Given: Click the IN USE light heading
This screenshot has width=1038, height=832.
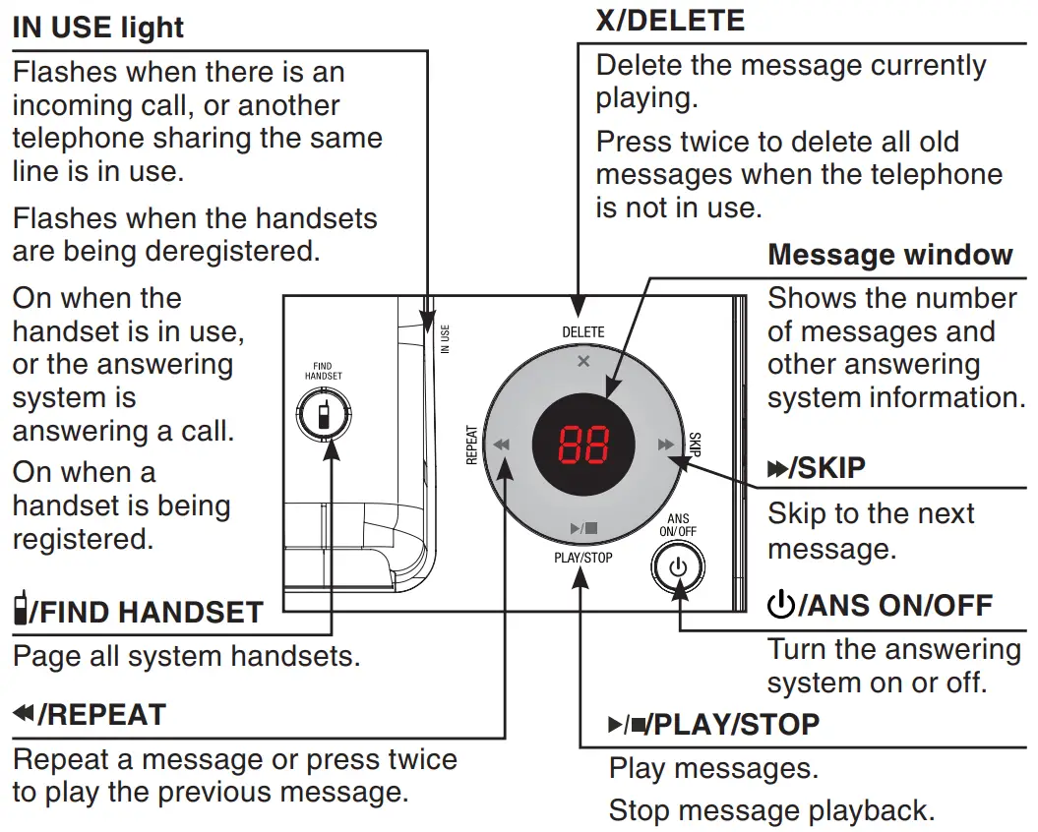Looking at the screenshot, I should point(97,28).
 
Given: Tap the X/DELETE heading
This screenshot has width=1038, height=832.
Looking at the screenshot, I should point(670,20).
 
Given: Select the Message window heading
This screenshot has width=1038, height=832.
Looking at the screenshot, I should point(889,255).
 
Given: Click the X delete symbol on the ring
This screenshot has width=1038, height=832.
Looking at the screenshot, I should point(583,361).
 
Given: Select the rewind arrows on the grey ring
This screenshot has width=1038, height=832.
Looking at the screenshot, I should point(502,445).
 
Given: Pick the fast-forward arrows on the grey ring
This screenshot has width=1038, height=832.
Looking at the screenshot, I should point(666,445).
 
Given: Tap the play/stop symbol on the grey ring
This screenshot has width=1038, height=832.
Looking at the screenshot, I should point(583,529).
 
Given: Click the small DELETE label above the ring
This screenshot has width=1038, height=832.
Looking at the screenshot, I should point(583,332).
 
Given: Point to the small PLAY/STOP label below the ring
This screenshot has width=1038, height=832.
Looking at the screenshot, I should point(582,559).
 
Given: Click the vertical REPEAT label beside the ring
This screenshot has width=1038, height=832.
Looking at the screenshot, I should point(471,446).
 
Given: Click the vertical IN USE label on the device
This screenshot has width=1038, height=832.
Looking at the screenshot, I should point(445,339).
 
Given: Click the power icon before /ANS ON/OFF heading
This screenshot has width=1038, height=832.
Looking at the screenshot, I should point(780,605).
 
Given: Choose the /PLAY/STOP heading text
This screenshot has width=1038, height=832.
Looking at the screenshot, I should point(736,725).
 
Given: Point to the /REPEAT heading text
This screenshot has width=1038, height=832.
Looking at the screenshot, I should point(101,714).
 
